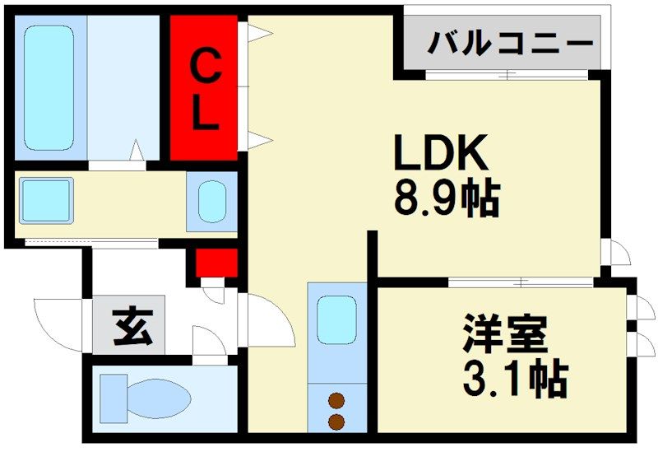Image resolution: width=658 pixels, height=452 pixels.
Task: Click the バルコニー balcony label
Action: click(510, 41)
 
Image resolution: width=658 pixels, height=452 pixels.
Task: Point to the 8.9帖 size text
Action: click(447, 198)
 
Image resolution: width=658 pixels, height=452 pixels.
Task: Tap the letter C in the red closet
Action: click(205, 67)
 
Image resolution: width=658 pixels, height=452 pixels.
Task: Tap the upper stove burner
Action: click(336, 402)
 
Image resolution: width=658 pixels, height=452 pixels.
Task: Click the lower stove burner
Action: click(336, 422)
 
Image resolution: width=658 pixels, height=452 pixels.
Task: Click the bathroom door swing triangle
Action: click(137, 151)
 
